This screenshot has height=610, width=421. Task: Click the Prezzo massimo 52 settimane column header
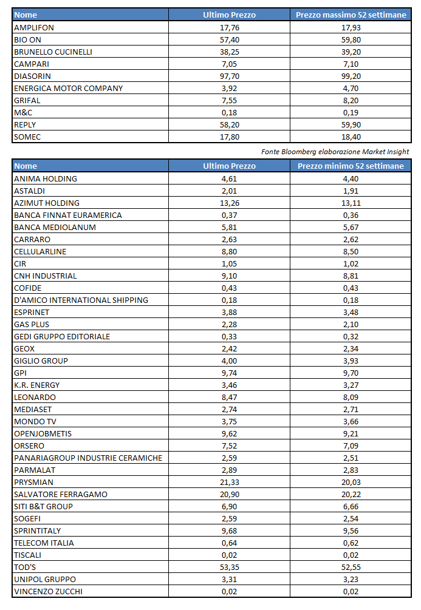click(351, 15)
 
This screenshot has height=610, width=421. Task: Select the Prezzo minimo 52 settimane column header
click(351, 166)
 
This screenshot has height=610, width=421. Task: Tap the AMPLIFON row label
click(34, 27)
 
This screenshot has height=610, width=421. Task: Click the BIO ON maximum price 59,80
click(351, 39)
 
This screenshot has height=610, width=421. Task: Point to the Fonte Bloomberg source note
click(335, 151)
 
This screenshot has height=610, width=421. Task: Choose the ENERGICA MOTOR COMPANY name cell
click(68, 88)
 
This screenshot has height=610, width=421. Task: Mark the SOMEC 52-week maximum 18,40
click(351, 137)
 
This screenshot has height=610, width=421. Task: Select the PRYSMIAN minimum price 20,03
click(351, 482)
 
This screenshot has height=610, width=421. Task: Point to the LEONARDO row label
click(35, 397)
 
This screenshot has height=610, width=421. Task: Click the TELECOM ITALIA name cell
click(44, 543)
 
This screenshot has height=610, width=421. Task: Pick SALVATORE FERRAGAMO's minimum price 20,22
click(351, 494)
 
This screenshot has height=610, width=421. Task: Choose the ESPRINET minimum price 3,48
click(351, 312)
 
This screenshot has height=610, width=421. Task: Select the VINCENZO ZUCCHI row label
click(48, 591)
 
